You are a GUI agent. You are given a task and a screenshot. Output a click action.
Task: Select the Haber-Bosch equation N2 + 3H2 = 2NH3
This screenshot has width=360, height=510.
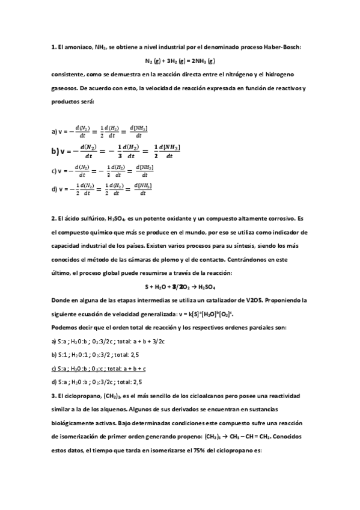pyautogui.click(x=180, y=61)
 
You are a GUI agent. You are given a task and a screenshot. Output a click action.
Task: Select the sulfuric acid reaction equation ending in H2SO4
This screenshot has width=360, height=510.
pyautogui.click(x=180, y=287)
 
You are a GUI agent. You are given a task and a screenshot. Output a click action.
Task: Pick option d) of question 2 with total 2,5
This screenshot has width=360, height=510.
pyautogui.click(x=96, y=381)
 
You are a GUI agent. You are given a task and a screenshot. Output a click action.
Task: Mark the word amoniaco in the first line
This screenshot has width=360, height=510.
pyautogui.click(x=76, y=47)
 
